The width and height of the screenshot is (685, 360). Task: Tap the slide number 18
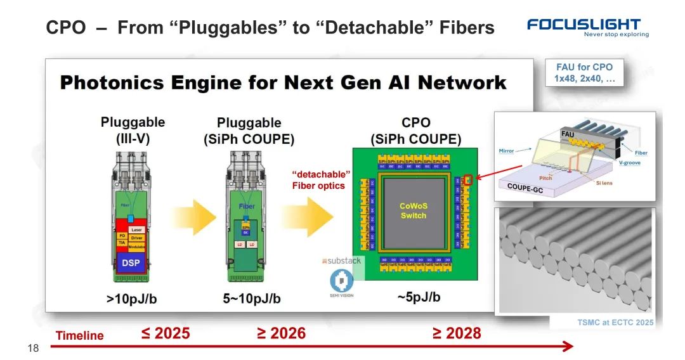[x=33, y=348]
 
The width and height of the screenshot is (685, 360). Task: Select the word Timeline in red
[x=79, y=336]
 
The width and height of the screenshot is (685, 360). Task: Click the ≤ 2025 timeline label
[x=165, y=333]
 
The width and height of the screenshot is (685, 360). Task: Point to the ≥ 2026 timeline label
[x=281, y=333]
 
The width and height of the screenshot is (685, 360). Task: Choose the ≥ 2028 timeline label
[x=457, y=333]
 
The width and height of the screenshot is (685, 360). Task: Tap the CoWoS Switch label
[x=413, y=210]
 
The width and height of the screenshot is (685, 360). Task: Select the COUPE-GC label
[x=527, y=187]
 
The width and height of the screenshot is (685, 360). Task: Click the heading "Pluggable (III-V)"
[x=133, y=129]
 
